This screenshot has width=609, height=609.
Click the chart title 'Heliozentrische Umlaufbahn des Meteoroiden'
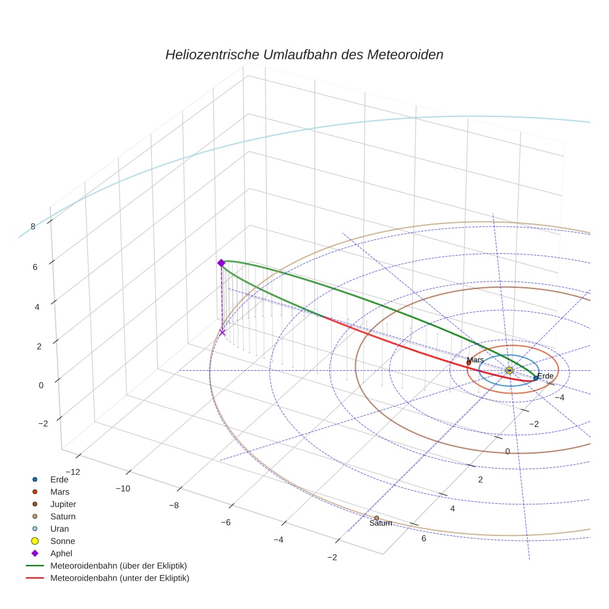[304, 54]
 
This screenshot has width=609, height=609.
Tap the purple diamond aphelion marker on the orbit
[221, 263]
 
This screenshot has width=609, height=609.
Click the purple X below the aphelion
[222, 332]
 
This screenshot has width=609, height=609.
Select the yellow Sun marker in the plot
[509, 370]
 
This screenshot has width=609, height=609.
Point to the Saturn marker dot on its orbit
[376, 517]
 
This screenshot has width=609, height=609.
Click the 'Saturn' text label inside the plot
[381, 524]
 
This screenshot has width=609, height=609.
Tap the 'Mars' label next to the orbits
[475, 360]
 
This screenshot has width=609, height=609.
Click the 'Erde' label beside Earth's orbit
[545, 376]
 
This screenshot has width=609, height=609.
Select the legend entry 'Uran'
[59, 529]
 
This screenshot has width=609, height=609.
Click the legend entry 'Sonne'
[63, 541]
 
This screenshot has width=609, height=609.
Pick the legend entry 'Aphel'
[61, 553]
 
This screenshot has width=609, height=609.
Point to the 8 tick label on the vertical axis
[33, 227]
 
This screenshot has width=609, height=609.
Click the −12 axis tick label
[72, 472]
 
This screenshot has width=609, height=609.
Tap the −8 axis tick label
[174, 505]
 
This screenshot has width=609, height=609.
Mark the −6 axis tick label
[225, 522]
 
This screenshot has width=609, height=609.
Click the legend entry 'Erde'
[59, 479]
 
